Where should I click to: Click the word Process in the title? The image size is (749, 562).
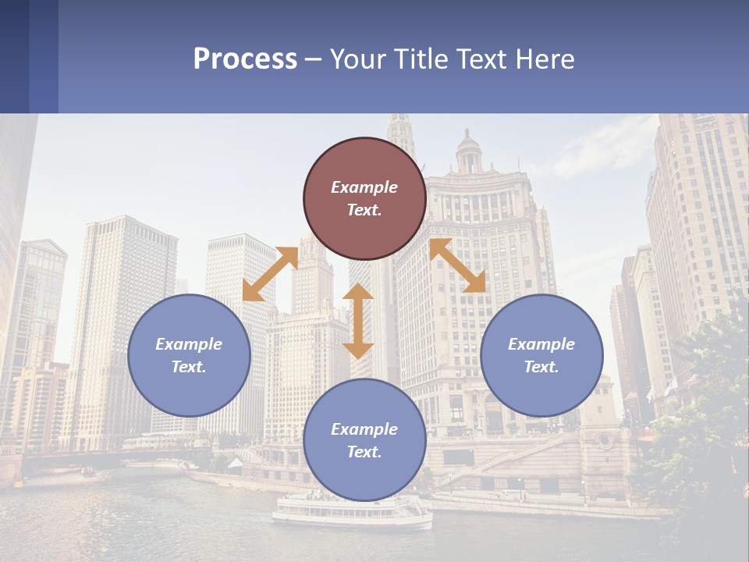pyautogui.click(x=245, y=59)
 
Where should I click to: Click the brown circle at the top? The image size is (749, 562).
pyautogui.click(x=364, y=198)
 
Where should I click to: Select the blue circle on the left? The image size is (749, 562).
pyautogui.click(x=189, y=355)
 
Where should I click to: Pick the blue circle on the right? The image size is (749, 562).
pyautogui.click(x=541, y=355)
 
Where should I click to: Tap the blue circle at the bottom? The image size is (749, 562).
pyautogui.click(x=364, y=440)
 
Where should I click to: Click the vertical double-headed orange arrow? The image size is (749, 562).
pyautogui.click(x=358, y=321)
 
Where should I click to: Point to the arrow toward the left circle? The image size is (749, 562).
pyautogui.click(x=270, y=274)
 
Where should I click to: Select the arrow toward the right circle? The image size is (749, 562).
pyautogui.click(x=457, y=266)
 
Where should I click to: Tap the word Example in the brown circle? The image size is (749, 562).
pyautogui.click(x=364, y=187)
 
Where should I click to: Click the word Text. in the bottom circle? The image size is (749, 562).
pyautogui.click(x=364, y=452)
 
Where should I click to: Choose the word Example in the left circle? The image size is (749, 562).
pyautogui.click(x=189, y=344)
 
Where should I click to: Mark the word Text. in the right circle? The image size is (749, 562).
pyautogui.click(x=541, y=367)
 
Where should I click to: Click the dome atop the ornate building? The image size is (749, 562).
pyautogui.click(x=468, y=145)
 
